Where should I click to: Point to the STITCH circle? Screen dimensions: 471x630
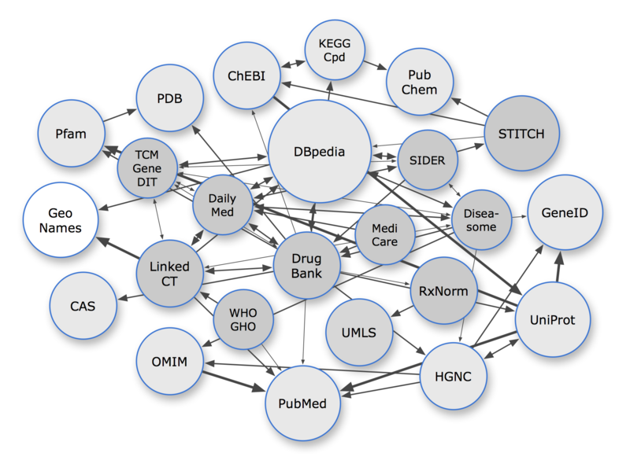521,134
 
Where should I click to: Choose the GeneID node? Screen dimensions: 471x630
564,212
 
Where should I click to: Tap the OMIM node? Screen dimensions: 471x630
169,362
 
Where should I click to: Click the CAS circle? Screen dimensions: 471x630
83,305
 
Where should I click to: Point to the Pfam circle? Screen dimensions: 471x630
72,134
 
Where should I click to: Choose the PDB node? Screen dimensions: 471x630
170,100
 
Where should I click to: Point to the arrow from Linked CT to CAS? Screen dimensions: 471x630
128,296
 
